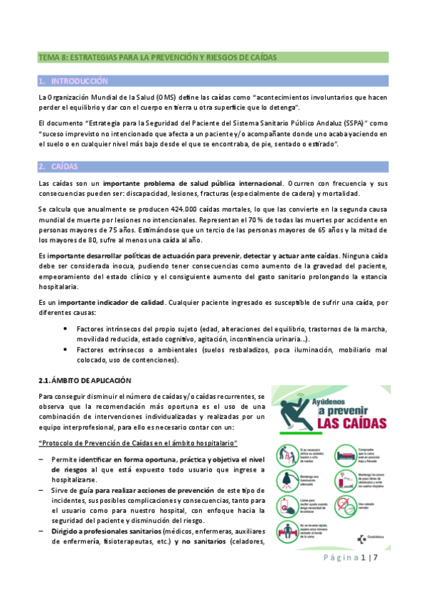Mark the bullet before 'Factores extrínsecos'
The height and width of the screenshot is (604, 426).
point(66,350)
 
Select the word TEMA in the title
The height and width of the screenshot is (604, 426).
point(50,56)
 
